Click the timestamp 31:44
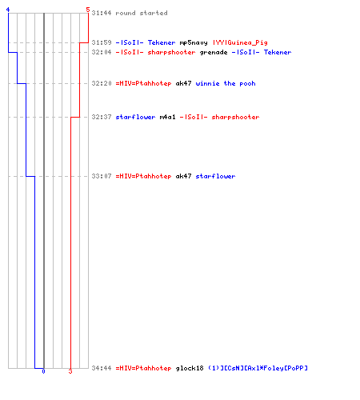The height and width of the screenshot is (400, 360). (102, 13)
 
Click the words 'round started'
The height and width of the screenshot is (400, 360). (142, 13)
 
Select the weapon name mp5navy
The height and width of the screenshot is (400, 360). (194, 43)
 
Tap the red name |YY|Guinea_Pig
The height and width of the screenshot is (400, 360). (240, 42)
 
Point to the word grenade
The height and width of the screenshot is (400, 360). (214, 53)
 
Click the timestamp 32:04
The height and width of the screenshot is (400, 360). (102, 52)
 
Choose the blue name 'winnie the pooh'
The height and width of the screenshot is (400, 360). (226, 83)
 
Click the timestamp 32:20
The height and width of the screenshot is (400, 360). (102, 83)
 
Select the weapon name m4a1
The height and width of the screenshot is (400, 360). (167, 117)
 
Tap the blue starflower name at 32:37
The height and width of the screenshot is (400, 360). (135, 117)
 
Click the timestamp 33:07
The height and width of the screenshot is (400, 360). (102, 176)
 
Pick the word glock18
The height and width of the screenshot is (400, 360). (190, 369)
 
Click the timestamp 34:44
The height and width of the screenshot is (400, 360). (102, 368)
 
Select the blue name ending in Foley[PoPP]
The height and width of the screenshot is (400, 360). (258, 368)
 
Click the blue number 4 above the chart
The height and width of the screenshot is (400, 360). (8, 10)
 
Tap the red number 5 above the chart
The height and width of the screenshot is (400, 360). (88, 10)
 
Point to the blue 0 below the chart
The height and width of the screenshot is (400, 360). (43, 371)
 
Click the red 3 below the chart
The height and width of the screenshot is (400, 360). (70, 371)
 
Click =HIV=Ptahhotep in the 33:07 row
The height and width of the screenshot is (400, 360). (143, 176)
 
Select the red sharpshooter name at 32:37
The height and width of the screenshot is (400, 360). (219, 117)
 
